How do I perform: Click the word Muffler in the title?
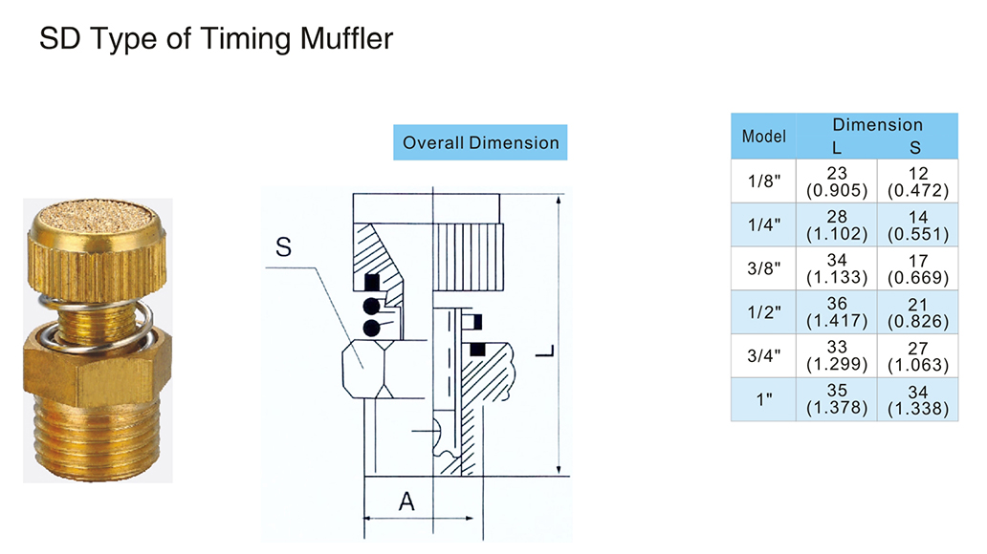click(346, 40)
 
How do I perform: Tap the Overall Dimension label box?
click(480, 142)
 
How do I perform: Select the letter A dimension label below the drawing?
click(406, 501)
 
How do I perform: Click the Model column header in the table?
click(764, 136)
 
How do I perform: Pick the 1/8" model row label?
click(764, 181)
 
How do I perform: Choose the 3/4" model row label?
click(764, 355)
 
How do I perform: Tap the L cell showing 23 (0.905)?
click(837, 181)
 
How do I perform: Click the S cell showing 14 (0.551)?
click(917, 224)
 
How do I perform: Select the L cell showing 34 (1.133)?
click(837, 268)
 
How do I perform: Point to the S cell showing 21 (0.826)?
click(917, 312)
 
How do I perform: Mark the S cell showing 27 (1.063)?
click(917, 355)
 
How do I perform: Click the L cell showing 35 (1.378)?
click(837, 399)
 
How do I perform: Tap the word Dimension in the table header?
click(877, 125)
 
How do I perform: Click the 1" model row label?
click(764, 399)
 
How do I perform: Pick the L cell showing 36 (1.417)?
click(837, 312)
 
